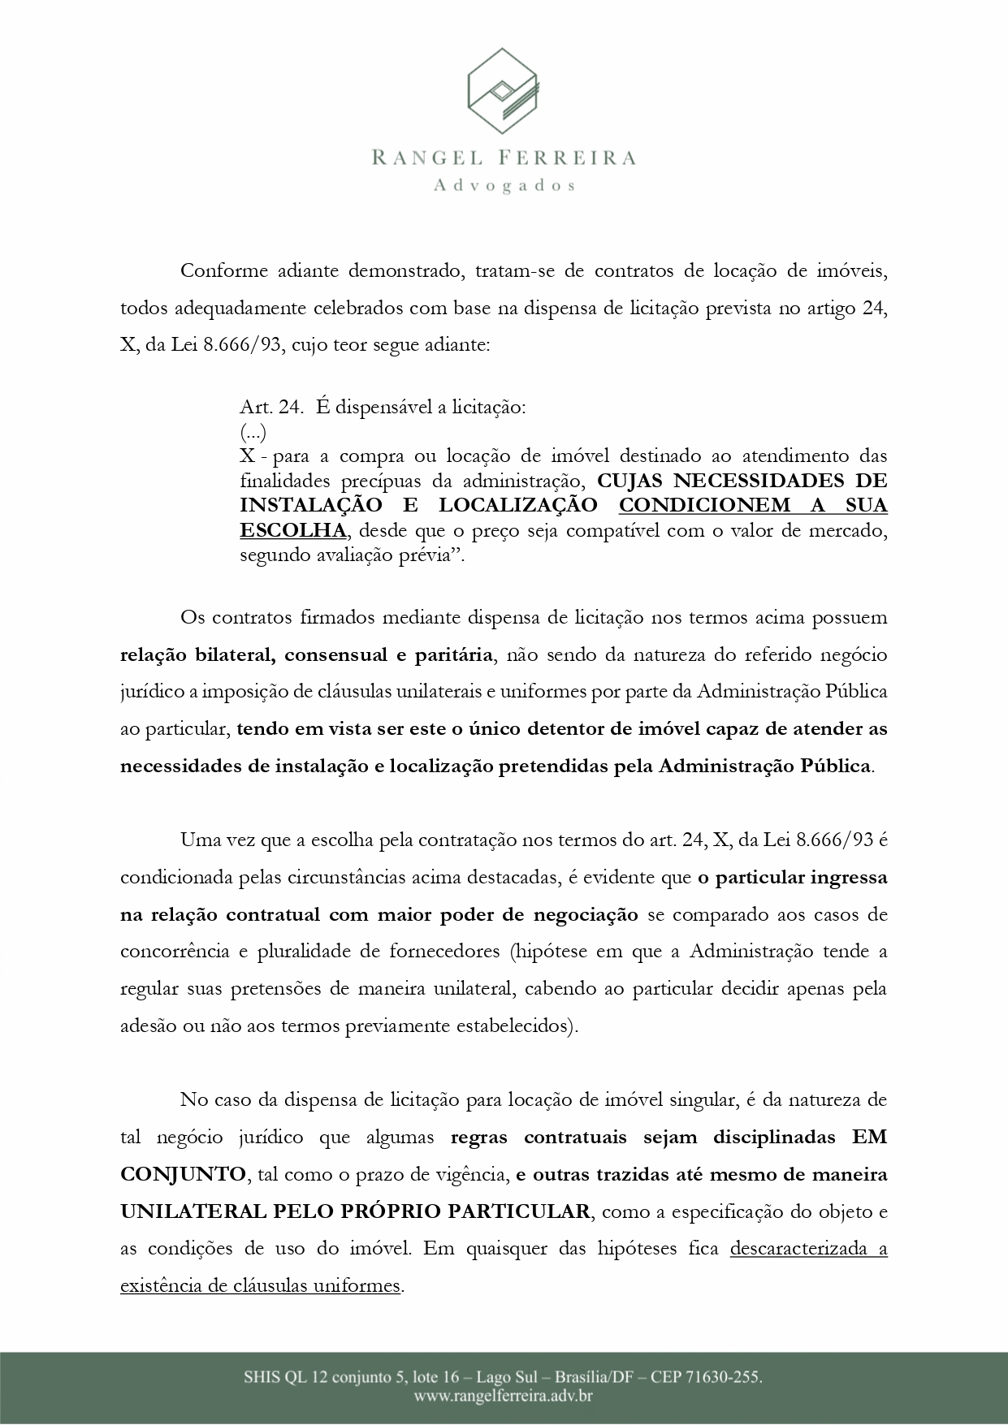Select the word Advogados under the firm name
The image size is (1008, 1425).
pos(504,186)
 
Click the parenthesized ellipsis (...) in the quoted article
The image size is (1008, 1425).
pos(253,431)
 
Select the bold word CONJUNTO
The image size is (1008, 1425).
pos(182,1173)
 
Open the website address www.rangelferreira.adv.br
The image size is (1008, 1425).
pos(504,1397)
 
